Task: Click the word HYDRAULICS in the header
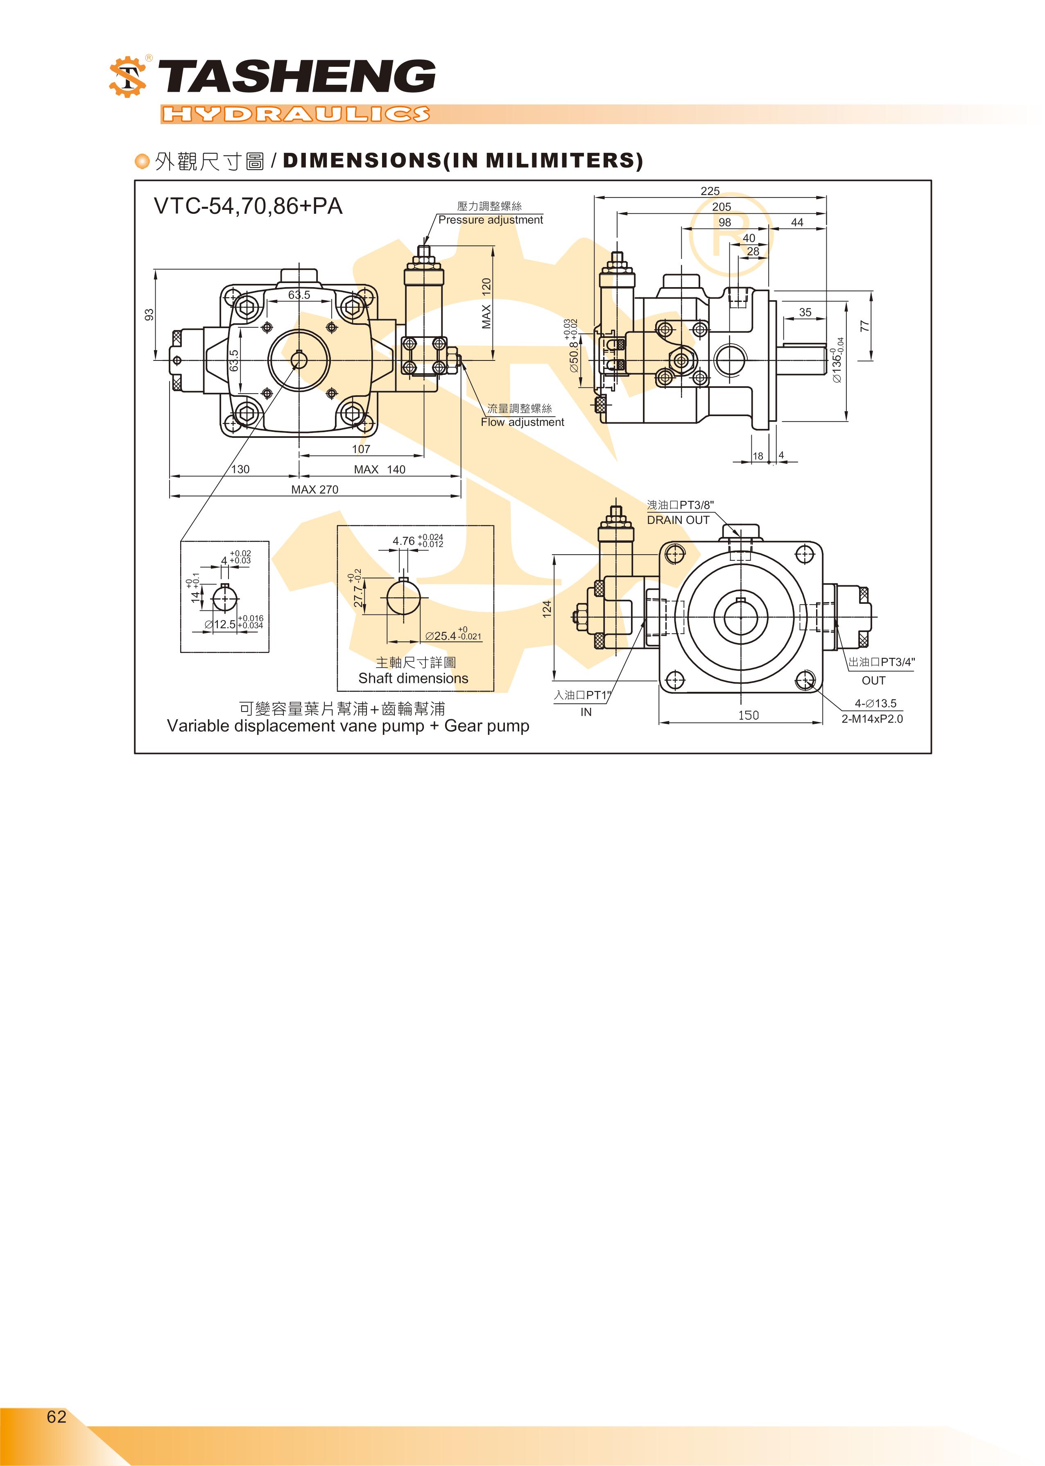pyautogui.click(x=295, y=115)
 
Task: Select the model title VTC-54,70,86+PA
pyautogui.click(x=248, y=206)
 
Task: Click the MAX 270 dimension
pyautogui.click(x=314, y=489)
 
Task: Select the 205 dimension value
pyautogui.click(x=722, y=206)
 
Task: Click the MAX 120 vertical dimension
pyautogui.click(x=486, y=304)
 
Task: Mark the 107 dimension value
pyautogui.click(x=361, y=449)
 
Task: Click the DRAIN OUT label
pyautogui.click(x=678, y=520)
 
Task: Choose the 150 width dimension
pyautogui.click(x=749, y=715)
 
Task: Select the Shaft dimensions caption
pyautogui.click(x=413, y=678)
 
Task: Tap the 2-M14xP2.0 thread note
pyautogui.click(x=872, y=719)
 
